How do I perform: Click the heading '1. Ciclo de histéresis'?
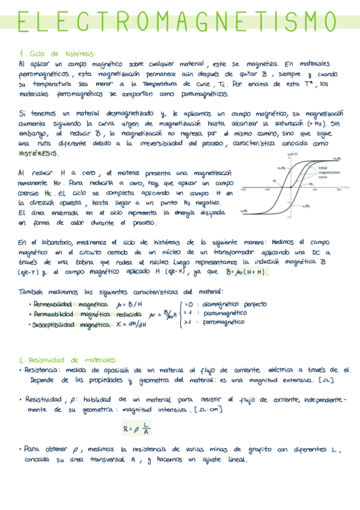coord(58,54)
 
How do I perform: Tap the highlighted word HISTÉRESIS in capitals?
coord(38,154)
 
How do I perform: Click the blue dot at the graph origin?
coord(291,188)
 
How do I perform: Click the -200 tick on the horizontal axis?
coord(244,190)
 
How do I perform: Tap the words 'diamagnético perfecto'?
coord(234,304)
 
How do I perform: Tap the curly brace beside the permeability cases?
coord(180,313)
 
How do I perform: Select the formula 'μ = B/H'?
coord(129,304)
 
